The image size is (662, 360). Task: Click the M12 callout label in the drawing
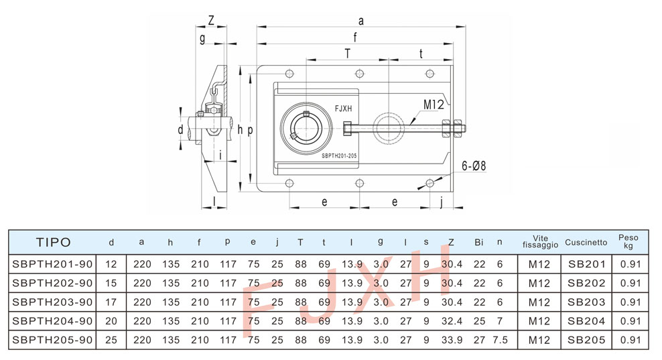tap(433, 105)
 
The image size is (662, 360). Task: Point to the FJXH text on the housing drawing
tap(343, 108)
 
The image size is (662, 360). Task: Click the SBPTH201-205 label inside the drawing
tap(339, 155)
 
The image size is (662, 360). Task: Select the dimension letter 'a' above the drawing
tap(362, 21)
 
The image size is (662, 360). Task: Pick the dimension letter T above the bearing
tap(347, 53)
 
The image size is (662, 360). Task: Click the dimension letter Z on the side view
tap(211, 21)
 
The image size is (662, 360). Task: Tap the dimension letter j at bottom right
tap(442, 201)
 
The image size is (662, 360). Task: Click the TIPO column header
tap(53, 242)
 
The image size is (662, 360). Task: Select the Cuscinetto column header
tap(586, 242)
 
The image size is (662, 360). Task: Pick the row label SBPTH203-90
tap(52, 302)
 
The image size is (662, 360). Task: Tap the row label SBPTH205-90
tap(52, 340)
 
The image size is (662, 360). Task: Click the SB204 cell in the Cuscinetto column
tap(586, 321)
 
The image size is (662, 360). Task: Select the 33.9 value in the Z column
tap(452, 340)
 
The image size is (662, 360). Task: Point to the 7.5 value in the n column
tap(500, 340)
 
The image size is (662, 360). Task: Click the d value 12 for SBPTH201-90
tap(111, 264)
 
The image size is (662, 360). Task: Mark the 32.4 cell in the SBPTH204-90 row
tap(452, 321)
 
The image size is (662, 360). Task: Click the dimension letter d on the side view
tap(180, 129)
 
